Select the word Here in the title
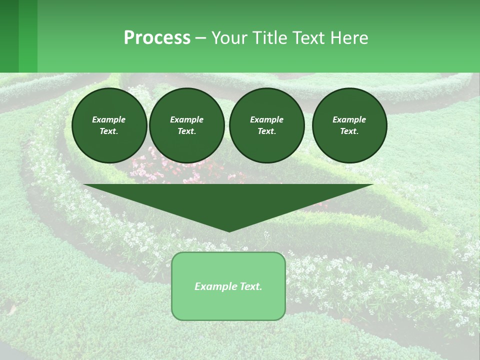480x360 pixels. coord(348,38)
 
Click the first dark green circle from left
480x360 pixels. coord(109,125)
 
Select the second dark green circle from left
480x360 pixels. coord(186,125)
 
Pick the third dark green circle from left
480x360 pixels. coord(266,125)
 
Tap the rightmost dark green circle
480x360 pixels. coord(349,125)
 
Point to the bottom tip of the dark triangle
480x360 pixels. coord(229,231)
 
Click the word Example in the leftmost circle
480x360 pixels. coord(109,119)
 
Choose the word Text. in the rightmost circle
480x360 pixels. coord(349,131)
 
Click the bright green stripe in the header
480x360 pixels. coord(28,36)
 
